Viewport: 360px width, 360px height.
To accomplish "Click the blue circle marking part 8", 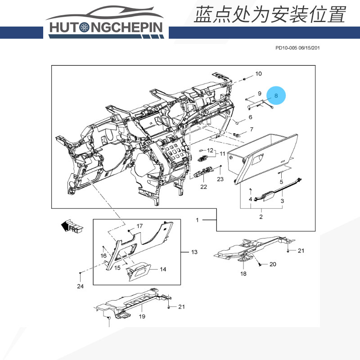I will pyautogui.click(x=276, y=95).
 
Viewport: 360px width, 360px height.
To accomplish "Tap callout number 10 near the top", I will pyautogui.click(x=258, y=73).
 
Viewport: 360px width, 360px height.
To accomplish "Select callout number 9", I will pyautogui.click(x=260, y=93).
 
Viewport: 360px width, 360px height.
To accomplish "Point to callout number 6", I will pyautogui.click(x=251, y=117).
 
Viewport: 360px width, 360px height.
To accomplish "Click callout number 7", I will pyautogui.click(x=251, y=130).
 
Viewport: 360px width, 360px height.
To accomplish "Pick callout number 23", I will pyautogui.click(x=220, y=179).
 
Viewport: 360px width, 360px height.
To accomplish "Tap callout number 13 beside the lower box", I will pyautogui.click(x=194, y=252).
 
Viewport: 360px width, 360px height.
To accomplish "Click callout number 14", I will pyautogui.click(x=163, y=269).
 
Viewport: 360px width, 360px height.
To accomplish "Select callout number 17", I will pyautogui.click(x=139, y=226).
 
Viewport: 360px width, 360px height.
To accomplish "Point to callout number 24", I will pyautogui.click(x=80, y=286).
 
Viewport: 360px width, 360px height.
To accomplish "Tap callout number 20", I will pyautogui.click(x=273, y=264).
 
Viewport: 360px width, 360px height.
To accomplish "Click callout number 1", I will pyautogui.click(x=197, y=220).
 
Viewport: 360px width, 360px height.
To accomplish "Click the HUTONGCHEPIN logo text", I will pyautogui.click(x=107, y=27).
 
